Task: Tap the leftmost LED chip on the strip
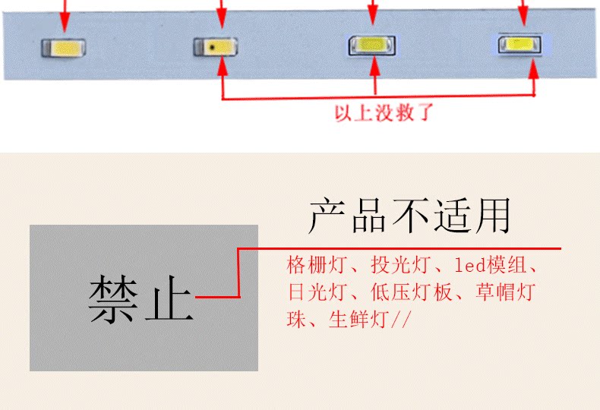tap(63, 48)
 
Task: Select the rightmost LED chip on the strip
tap(519, 44)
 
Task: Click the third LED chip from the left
tap(371, 46)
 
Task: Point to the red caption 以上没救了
tap(384, 114)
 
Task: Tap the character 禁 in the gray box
tap(114, 299)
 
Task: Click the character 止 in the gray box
tap(169, 299)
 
